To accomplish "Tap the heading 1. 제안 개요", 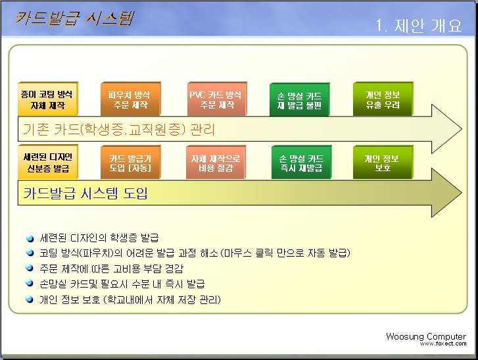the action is (x=419, y=25).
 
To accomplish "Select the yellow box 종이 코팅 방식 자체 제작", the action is (x=48, y=99).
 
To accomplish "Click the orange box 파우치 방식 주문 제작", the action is (x=130, y=99).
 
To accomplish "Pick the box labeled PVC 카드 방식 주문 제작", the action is (x=217, y=99).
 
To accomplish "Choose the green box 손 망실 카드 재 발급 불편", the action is (x=299, y=99).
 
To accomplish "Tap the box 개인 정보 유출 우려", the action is (x=383, y=99).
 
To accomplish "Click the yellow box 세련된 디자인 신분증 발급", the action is (x=48, y=162).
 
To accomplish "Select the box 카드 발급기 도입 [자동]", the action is (x=130, y=163).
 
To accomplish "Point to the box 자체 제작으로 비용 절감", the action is (x=216, y=163).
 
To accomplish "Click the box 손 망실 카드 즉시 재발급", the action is (x=301, y=163).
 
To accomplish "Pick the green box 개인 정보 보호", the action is (x=383, y=163).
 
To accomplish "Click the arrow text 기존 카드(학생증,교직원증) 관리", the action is (x=119, y=130).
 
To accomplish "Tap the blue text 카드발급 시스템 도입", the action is (x=85, y=193).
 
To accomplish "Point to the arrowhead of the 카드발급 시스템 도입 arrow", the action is (x=462, y=193).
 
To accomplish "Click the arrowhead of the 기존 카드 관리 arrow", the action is (x=462, y=129).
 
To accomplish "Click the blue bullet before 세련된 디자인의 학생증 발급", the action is (x=30, y=238).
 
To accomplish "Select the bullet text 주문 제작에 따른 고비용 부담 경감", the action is (x=112, y=269).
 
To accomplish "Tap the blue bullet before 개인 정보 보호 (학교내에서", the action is (x=30, y=299).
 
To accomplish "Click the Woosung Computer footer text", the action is (x=426, y=336).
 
